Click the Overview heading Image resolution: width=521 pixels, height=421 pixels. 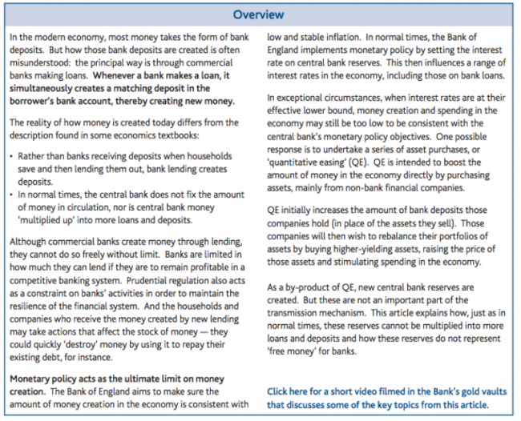(x=260, y=14)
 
